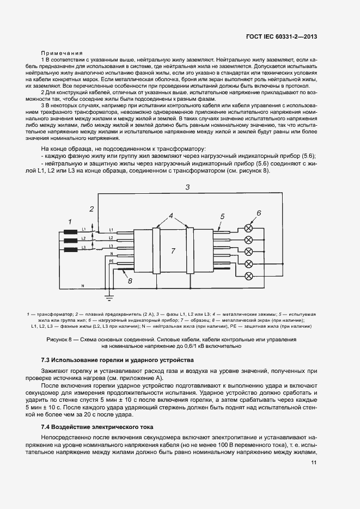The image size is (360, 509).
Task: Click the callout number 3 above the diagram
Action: pyautogui.click(x=187, y=187)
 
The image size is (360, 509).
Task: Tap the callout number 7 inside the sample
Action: pyautogui.click(x=173, y=251)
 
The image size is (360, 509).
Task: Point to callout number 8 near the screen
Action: pyautogui.click(x=130, y=281)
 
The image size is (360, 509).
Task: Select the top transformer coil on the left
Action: pyautogui.click(x=70, y=231)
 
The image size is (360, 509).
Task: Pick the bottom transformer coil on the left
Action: pyautogui.click(x=70, y=250)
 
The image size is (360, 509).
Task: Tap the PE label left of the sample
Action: pyautogui.click(x=111, y=262)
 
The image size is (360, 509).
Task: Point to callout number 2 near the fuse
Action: pyautogui.click(x=92, y=208)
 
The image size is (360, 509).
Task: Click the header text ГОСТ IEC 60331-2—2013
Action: pyautogui.click(x=281, y=38)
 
